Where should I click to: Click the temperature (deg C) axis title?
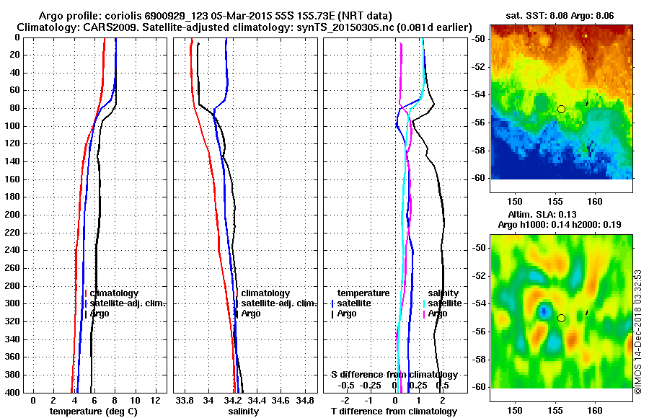(x=93, y=412)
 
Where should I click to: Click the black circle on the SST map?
(x=561, y=109)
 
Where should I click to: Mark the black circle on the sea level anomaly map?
(x=561, y=318)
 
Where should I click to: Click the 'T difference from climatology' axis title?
(x=394, y=412)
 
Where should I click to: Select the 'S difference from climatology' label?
(x=394, y=375)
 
